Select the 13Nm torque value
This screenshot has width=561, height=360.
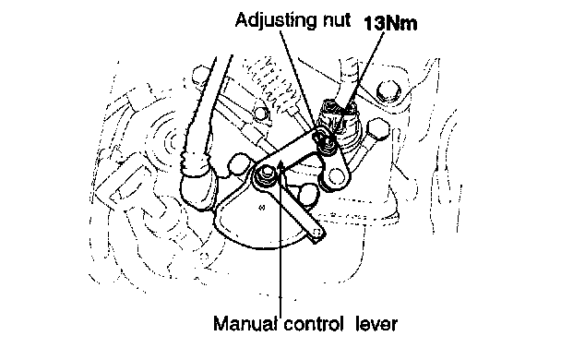click(390, 24)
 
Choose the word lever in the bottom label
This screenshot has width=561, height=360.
click(376, 324)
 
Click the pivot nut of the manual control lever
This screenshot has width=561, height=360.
click(265, 175)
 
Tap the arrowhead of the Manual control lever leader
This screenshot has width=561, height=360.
click(281, 165)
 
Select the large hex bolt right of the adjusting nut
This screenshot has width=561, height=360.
click(377, 129)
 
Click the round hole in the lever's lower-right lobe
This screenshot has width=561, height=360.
click(335, 175)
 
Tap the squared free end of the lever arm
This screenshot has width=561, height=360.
click(316, 234)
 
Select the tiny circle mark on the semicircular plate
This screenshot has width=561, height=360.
click(261, 207)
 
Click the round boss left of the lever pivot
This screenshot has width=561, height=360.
click(237, 163)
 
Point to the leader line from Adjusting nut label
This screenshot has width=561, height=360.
click(299, 79)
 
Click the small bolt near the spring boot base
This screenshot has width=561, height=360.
click(260, 114)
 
